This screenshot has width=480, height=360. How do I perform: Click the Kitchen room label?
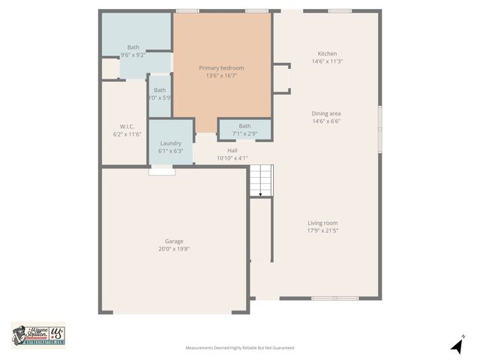327,54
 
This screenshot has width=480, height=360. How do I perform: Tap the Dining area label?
326,113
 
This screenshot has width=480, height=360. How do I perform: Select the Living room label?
322,223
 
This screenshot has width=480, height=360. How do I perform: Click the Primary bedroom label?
221,68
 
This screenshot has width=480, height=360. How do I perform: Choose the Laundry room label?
170,143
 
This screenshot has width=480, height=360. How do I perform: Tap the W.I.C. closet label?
126,127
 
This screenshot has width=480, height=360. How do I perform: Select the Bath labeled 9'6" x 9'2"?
133,47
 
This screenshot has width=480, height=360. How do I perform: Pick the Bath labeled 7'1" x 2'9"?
245,126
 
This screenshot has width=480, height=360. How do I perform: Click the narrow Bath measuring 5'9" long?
160,90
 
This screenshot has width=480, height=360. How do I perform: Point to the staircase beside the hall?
260,180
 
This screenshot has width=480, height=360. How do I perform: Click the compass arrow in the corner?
456,346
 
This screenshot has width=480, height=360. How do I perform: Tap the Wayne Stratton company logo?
37,335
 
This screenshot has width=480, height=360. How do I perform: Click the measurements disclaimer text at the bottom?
240,348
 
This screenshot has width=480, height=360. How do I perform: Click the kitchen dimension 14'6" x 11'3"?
327,61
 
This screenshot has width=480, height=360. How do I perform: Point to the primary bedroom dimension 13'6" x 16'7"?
221,76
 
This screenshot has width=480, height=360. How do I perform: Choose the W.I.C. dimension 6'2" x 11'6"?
126,134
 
